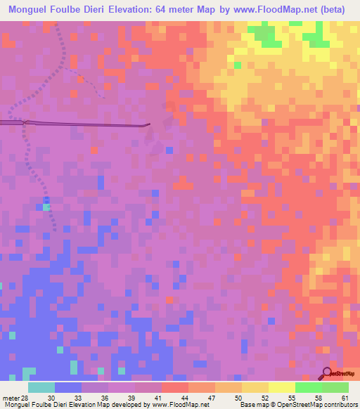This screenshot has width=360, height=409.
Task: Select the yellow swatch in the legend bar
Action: point(255,388)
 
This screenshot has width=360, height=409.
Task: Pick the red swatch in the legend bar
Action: point(174,388)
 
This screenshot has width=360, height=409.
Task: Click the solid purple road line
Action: point(84,124)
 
